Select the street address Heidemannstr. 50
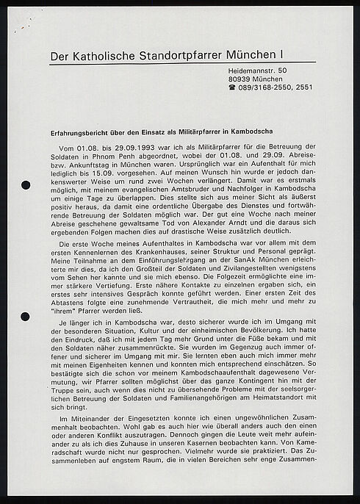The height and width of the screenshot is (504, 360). tap(256, 70)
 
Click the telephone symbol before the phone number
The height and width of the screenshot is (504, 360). tap(232, 87)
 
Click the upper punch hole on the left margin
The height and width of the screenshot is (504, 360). tap(26, 184)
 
